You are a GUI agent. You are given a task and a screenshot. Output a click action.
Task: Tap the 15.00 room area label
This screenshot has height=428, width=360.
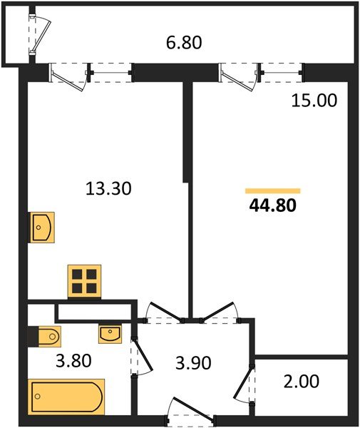tap(313, 101)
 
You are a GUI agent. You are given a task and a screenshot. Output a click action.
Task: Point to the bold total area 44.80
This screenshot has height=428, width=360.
tap(272, 207)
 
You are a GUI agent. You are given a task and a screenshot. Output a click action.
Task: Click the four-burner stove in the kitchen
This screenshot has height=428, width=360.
tap(84, 280)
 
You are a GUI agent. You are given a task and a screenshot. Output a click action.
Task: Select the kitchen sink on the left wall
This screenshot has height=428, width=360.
tap(41, 228)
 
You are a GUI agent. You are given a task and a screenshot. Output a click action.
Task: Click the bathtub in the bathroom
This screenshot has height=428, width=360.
tap(66, 396)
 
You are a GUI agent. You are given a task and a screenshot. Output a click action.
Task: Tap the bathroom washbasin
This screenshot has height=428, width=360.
tap(110, 332)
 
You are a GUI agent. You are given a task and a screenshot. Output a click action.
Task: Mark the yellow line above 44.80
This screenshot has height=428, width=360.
tap(272, 190)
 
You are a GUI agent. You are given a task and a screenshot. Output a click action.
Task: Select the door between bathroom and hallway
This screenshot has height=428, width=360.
tap(140, 357)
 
